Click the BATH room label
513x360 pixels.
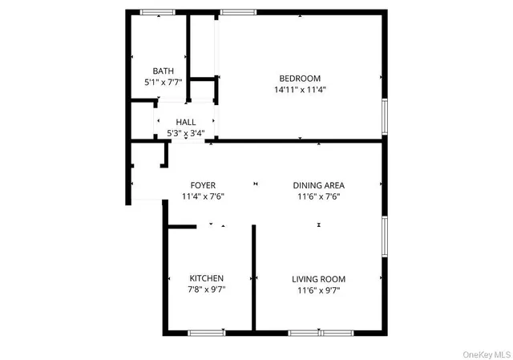[x=164, y=71]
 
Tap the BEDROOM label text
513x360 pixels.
[x=300, y=78]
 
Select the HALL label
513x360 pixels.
[x=186, y=122]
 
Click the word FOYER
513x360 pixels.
[x=202, y=185]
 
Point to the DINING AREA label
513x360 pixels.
[x=318, y=185]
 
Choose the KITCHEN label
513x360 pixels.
[x=206, y=278]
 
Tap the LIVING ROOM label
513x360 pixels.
[x=318, y=279]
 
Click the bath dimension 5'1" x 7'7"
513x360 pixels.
[x=164, y=82]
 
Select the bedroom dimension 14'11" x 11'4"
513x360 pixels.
[x=300, y=90]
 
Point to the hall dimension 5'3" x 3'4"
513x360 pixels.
[x=186, y=133]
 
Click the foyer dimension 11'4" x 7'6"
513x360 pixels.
[x=202, y=196]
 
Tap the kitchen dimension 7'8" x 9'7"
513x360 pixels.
[x=206, y=290]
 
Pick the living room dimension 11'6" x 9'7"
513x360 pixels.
[x=318, y=290]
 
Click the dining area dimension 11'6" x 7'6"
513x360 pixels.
[x=318, y=196]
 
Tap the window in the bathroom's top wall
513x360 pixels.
[x=158, y=12]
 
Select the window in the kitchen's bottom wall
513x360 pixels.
[x=207, y=332]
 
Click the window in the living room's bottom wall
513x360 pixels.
[x=321, y=332]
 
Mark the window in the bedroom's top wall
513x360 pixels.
[x=238, y=12]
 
